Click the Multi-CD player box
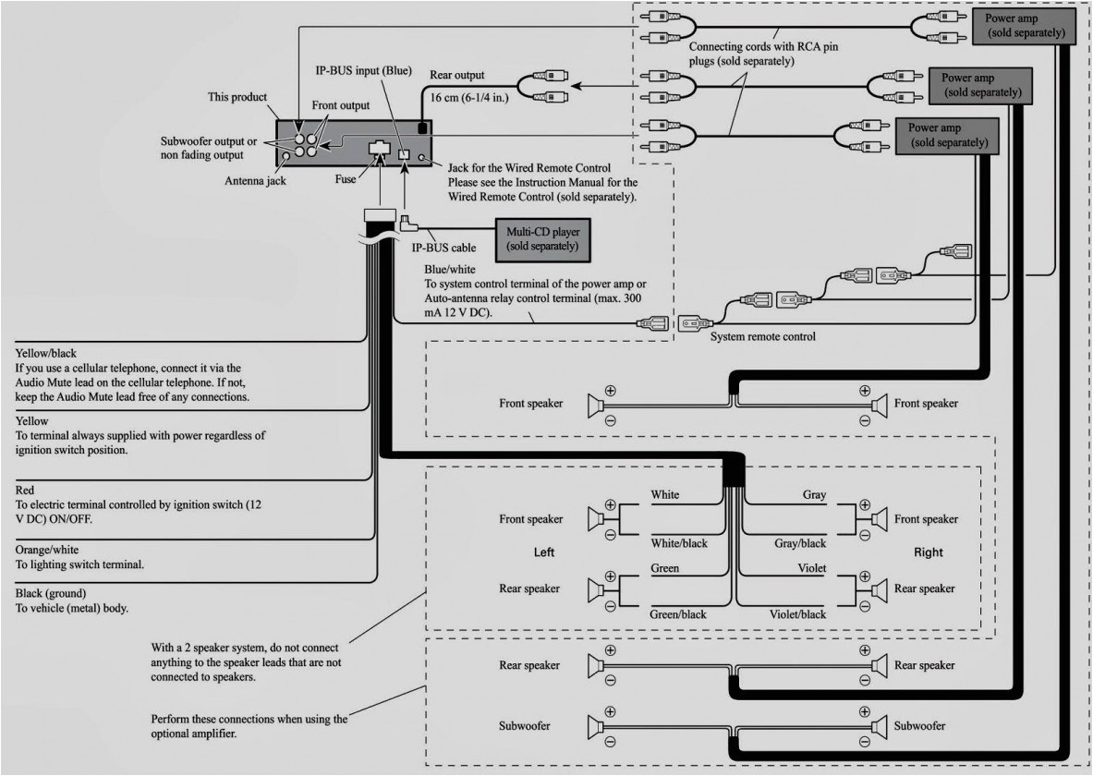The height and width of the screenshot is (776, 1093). tap(542, 239)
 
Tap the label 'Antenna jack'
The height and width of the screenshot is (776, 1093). tap(255, 181)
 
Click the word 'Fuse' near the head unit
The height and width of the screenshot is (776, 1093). tap(346, 181)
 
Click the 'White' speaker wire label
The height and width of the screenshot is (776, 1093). tap(664, 495)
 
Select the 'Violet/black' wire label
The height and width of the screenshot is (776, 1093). tap(797, 614)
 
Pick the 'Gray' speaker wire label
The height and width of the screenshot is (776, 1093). tap(814, 495)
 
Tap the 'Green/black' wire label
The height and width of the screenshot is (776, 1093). tap(677, 614)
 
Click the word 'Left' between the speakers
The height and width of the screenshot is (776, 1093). tap(544, 552)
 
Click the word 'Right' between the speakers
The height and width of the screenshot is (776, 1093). tap(929, 552)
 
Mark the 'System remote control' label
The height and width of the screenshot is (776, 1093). tap(762, 337)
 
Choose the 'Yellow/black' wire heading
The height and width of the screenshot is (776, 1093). tap(45, 353)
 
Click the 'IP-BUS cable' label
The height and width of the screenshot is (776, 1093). tap(437, 249)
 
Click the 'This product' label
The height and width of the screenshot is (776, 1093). tap(237, 97)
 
